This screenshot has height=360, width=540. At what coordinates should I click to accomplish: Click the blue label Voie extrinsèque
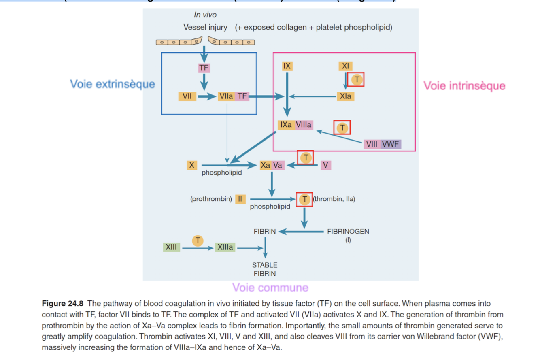[113, 84]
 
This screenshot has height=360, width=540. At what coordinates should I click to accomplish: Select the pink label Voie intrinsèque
[464, 86]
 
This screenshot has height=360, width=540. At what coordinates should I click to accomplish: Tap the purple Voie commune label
[270, 288]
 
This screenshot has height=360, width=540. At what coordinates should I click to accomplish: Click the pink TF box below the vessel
[204, 68]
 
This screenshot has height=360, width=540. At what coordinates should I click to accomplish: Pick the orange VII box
[187, 96]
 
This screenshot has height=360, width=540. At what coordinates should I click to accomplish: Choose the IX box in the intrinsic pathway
[287, 66]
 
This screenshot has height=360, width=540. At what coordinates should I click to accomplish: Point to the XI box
[345, 66]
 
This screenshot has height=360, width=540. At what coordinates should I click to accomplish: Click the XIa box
[345, 96]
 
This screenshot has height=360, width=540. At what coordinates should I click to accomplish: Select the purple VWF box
[391, 144]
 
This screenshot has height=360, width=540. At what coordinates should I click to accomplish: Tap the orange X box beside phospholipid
[192, 165]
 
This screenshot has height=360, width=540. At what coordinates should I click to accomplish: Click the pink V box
[325, 165]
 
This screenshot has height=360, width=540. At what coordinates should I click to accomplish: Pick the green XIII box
[171, 247]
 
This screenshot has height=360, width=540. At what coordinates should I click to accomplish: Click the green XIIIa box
[225, 247]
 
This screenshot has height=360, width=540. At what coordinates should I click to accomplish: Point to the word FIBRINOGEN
[348, 232]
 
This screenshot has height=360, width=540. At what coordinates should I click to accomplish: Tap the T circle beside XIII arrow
[198, 240]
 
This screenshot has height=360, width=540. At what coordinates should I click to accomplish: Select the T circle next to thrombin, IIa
[304, 199]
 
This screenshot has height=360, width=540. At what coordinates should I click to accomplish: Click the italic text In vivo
[205, 15]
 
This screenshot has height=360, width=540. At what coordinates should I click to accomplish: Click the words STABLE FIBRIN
[265, 269]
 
